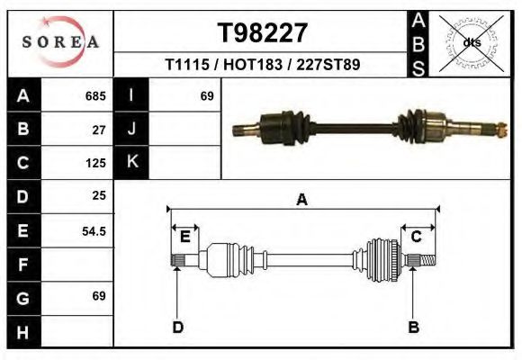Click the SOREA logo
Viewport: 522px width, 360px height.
click(x=60, y=42)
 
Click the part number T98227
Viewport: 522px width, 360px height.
click(x=263, y=33)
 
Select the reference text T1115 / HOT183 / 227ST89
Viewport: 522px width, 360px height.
click(x=263, y=66)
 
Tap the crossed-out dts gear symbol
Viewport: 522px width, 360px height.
click(x=471, y=42)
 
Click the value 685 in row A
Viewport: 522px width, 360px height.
click(x=95, y=95)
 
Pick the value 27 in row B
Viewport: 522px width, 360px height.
click(x=99, y=129)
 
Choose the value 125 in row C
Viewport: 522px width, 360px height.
click(x=95, y=163)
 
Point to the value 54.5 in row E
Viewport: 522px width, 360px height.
click(x=94, y=230)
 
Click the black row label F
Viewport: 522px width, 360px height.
click(x=22, y=265)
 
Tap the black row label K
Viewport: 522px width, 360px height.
click(x=131, y=163)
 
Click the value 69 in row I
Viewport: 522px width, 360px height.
click(x=206, y=95)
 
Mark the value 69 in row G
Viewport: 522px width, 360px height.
click(x=99, y=296)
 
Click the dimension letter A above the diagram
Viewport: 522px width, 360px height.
click(x=302, y=200)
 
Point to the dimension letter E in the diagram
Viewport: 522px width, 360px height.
click(x=184, y=237)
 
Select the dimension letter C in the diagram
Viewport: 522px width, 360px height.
click(x=417, y=237)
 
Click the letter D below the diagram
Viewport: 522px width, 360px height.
click(x=178, y=327)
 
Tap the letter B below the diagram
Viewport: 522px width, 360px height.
click(x=414, y=327)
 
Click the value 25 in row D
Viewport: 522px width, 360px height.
click(x=99, y=195)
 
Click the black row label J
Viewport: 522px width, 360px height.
click(x=131, y=129)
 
